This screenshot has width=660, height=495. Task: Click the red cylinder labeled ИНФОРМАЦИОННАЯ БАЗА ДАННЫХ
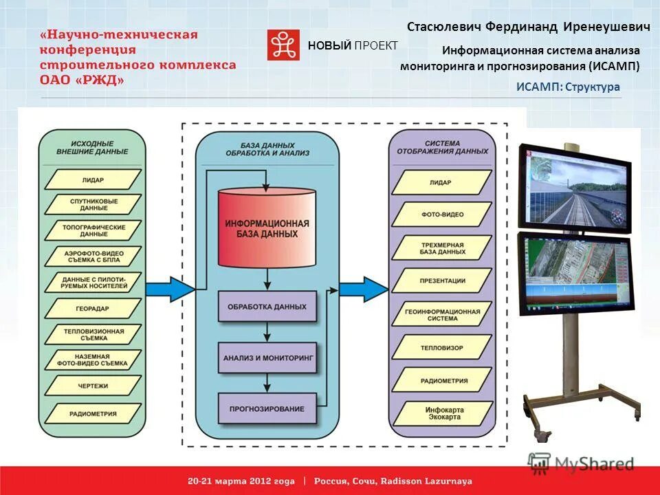(267, 229)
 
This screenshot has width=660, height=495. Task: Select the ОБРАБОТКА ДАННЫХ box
(267, 306)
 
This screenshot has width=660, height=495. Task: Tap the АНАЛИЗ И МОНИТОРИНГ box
(267, 358)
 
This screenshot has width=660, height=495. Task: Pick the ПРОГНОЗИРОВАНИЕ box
(267, 408)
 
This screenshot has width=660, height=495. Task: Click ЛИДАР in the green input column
(93, 179)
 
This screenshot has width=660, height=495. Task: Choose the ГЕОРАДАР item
(93, 309)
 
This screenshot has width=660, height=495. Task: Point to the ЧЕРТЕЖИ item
(93, 386)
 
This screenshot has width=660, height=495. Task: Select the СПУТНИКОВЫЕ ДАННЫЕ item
(93, 204)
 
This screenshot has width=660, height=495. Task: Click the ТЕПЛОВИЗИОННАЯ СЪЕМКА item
(93, 334)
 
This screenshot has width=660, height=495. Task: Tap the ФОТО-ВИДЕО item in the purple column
(441, 214)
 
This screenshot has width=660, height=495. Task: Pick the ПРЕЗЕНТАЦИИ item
(441, 280)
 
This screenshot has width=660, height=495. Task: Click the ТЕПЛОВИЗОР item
(441, 347)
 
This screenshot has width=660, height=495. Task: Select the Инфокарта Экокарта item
(441, 413)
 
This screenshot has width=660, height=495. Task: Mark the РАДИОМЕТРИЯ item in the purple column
(441, 380)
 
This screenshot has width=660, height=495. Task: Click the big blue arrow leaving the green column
(169, 288)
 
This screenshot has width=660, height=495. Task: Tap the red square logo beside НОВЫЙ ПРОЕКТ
(283, 45)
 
